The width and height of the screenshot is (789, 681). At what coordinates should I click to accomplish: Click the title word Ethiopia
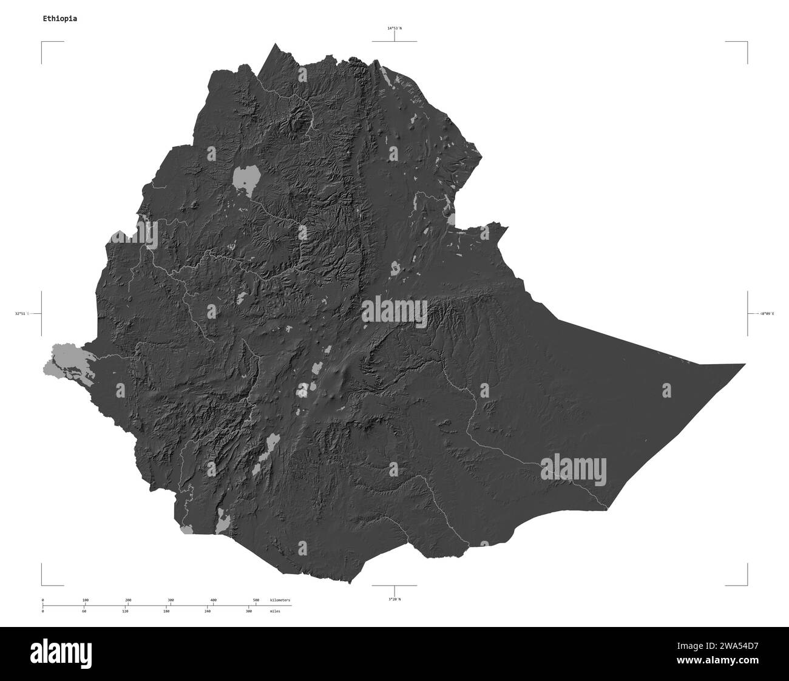[59, 18]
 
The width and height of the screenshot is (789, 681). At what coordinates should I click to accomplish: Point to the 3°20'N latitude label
[394, 599]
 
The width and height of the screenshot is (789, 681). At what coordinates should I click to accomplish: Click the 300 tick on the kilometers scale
[171, 600]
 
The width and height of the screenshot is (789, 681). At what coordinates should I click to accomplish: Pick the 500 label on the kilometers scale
[256, 600]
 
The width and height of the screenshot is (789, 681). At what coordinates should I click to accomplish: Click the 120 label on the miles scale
[125, 611]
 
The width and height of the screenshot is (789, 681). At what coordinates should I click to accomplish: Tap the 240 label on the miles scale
[208, 611]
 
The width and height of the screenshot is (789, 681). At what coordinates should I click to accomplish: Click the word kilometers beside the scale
[280, 600]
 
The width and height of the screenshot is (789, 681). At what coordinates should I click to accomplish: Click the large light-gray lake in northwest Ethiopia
[245, 177]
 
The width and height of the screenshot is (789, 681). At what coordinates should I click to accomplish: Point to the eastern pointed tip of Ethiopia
[743, 364]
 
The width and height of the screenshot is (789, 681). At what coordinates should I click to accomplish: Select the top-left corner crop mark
[42, 42]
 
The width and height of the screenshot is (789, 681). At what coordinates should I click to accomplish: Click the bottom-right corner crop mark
[747, 584]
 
